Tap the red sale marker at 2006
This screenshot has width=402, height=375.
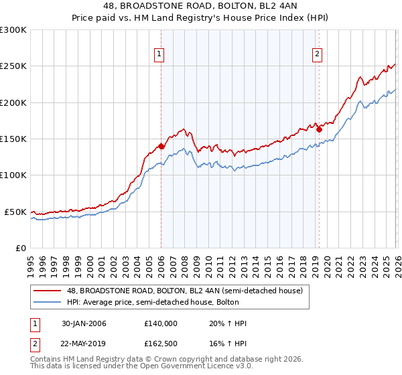pos(161,146)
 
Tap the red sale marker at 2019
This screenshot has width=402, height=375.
pos(319,130)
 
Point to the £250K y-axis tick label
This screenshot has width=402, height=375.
pos(13,66)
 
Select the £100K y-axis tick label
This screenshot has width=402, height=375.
pos(13,175)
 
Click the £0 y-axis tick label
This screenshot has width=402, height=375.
pos(20,248)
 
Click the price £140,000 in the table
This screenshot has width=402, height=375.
pos(160,323)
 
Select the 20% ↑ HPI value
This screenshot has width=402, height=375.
pos(228,323)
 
